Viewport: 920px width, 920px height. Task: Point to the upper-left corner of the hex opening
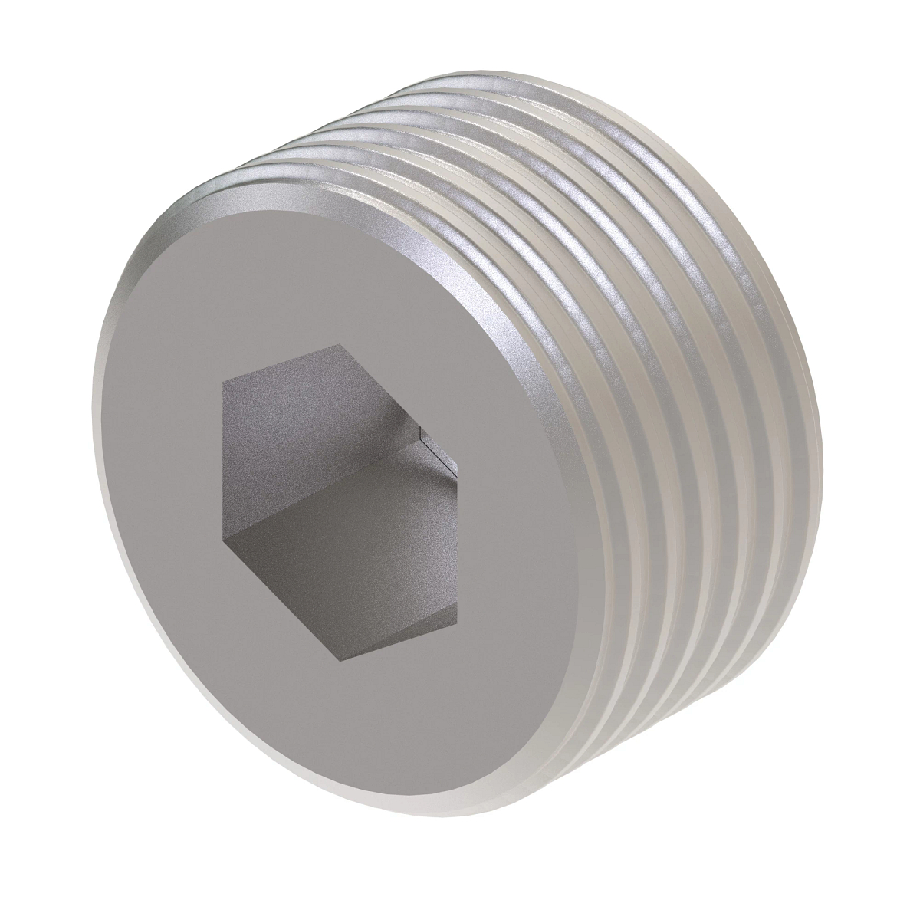point(222,381)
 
